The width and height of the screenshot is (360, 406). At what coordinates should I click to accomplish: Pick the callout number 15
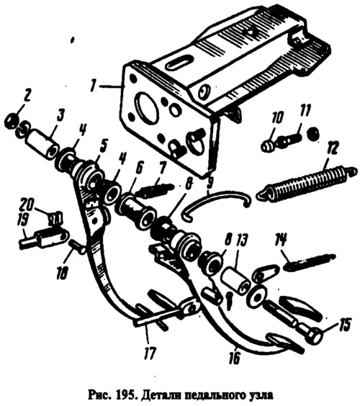point(344,325)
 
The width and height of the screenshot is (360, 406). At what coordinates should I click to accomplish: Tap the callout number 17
point(150,353)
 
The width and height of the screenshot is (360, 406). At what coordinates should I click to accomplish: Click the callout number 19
point(24,222)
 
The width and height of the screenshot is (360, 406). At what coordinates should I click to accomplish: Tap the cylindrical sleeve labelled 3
point(42,145)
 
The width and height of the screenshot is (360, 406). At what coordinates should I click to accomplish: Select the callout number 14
point(282,240)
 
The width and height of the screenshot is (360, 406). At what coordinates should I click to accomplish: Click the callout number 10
point(278,119)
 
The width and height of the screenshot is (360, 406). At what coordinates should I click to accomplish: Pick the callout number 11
point(305,111)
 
